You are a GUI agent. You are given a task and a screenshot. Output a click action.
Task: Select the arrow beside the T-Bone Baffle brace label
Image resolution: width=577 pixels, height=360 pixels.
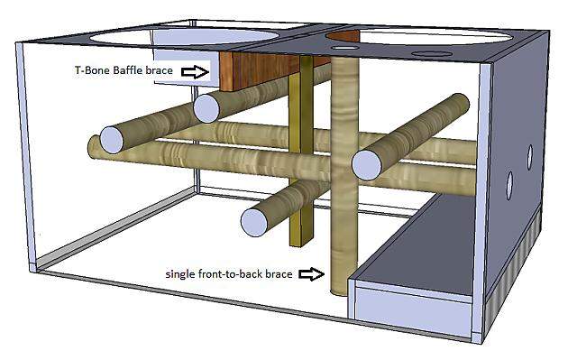click(196, 71)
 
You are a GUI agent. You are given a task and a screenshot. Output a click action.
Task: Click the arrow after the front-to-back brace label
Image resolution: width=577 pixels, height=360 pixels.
click(311, 274)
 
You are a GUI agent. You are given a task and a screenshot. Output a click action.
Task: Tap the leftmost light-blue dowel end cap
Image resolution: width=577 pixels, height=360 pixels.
click(112, 140)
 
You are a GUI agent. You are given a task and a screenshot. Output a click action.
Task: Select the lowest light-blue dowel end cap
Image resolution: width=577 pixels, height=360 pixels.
click(254, 222)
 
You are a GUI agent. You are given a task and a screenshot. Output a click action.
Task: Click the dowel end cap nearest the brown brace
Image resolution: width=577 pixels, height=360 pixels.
click(206, 108)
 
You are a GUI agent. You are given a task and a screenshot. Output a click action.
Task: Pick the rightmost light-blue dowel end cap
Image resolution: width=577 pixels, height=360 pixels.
click(367, 166)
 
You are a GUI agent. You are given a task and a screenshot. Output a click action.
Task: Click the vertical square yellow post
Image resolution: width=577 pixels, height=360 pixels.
click(301, 151)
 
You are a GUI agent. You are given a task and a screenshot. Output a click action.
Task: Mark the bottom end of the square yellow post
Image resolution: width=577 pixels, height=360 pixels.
click(301, 245)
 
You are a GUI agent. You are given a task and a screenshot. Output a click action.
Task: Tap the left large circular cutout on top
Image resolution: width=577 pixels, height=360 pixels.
click(184, 36)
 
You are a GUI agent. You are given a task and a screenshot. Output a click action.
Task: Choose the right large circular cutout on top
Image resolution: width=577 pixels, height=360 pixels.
click(435, 38)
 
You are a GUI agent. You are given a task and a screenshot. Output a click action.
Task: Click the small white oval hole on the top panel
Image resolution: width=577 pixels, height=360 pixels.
click(344, 48)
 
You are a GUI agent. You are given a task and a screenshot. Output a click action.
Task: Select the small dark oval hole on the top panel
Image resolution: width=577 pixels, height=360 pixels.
click(432, 54)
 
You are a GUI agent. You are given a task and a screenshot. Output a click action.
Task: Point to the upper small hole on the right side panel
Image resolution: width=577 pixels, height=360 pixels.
click(529, 158)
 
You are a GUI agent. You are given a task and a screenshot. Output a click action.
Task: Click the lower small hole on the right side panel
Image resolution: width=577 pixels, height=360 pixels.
click(509, 186)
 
